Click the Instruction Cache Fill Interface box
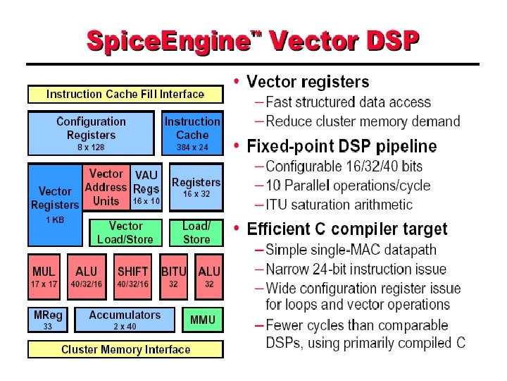click(x=125, y=94)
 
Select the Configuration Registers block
click(x=91, y=133)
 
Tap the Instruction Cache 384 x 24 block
click(x=192, y=133)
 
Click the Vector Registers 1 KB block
click(x=55, y=205)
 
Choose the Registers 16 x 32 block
click(x=196, y=188)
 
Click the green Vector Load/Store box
click(x=126, y=232)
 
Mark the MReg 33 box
click(x=48, y=320)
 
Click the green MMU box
click(x=203, y=320)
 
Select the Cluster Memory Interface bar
click(x=125, y=349)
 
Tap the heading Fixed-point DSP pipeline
click(x=342, y=146)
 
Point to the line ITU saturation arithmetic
click(x=339, y=205)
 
